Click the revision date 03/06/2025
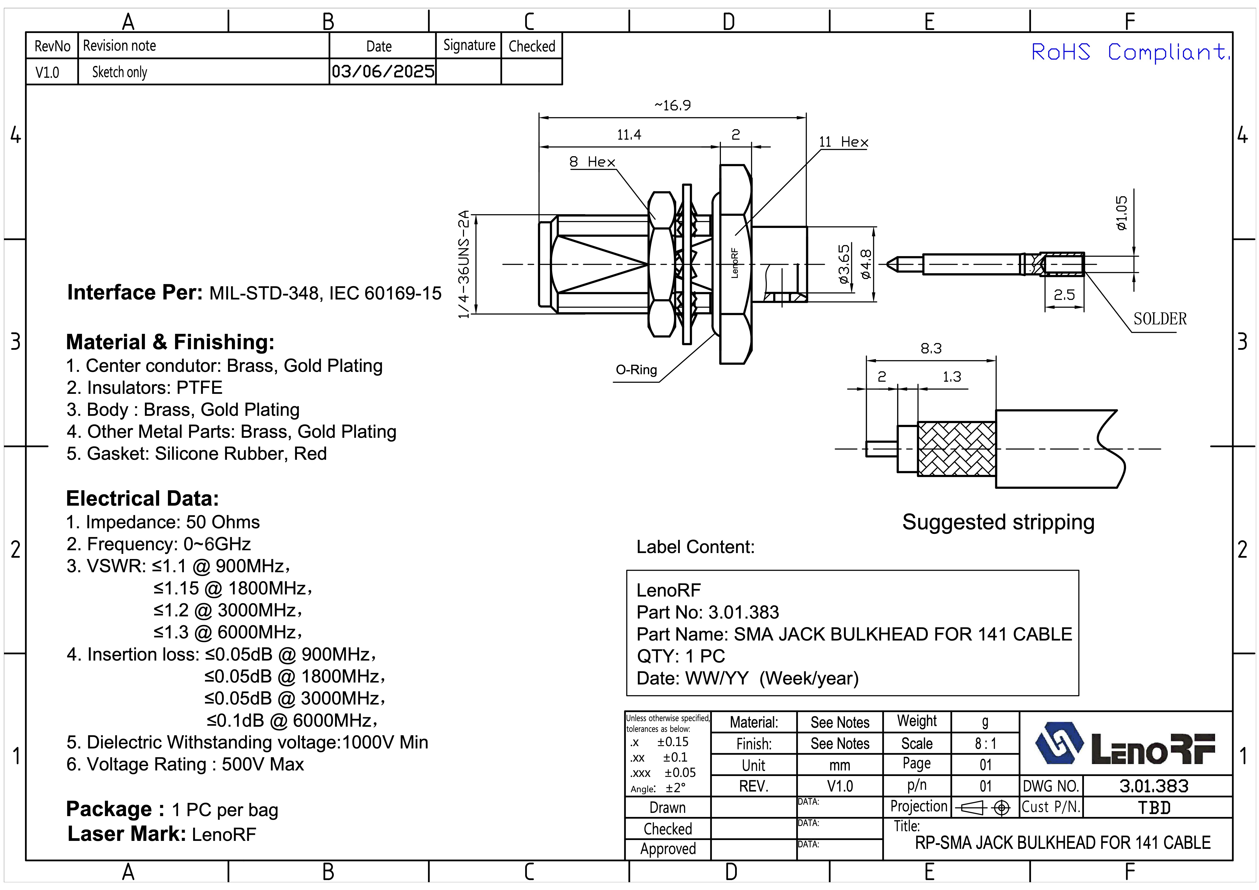pos(383,71)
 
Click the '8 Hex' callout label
pos(592,162)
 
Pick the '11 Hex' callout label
pos(843,142)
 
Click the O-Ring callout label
pos(636,370)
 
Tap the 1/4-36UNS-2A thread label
pos(464,264)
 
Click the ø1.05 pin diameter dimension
pos(1121,213)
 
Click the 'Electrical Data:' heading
pos(143,498)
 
